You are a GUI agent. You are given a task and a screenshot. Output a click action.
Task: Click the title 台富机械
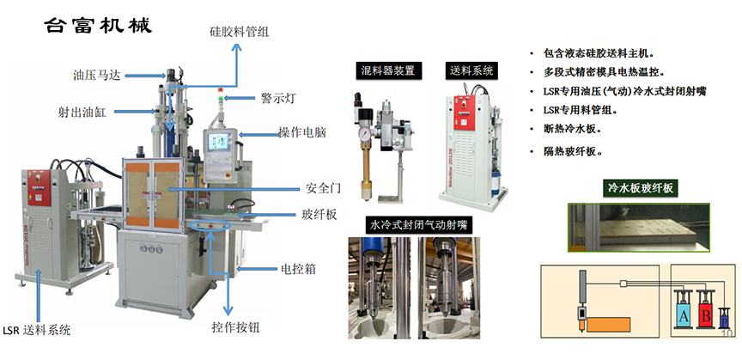point(98,25)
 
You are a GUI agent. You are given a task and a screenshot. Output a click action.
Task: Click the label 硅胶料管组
point(240,32)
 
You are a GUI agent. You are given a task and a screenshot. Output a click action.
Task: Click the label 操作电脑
point(302,133)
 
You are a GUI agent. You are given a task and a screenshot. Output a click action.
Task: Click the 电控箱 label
point(298,268)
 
